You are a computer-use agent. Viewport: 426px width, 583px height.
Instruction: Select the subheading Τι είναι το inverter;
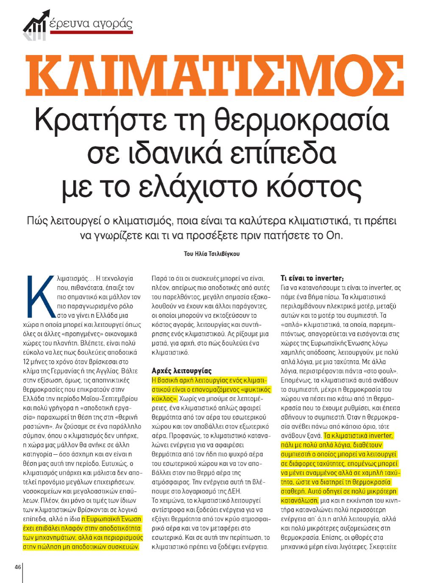(x=312, y=278)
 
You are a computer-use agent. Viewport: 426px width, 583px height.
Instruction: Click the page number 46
(x=17, y=567)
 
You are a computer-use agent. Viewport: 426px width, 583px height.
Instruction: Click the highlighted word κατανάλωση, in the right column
(x=299, y=500)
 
